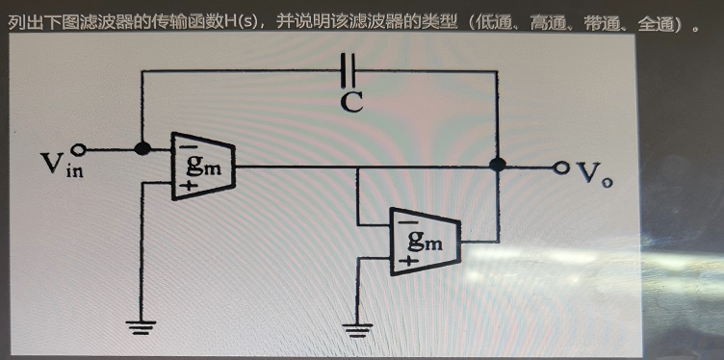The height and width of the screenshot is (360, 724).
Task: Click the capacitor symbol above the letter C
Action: click(349, 70)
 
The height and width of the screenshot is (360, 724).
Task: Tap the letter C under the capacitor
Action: click(351, 102)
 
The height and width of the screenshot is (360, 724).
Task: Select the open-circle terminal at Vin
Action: click(79, 149)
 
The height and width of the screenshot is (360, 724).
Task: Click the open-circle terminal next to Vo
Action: click(561, 167)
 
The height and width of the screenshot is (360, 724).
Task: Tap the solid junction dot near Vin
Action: click(142, 148)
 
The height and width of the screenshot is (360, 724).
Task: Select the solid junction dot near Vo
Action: click(498, 165)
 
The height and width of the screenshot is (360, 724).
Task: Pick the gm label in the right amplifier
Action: click(426, 241)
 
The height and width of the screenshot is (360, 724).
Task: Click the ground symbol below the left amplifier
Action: click(141, 327)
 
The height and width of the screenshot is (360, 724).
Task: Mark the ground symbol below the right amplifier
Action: click(357, 330)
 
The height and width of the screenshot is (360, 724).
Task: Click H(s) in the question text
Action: click(241, 22)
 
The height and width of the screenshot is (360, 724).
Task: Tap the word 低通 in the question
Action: click(495, 22)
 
